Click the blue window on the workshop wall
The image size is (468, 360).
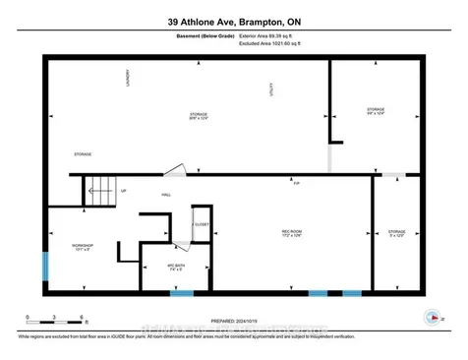[x=44, y=268]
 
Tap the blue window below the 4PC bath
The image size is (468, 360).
[x=182, y=293]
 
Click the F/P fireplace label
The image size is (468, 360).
[x=296, y=182]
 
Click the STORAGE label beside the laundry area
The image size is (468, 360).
[x=84, y=154]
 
